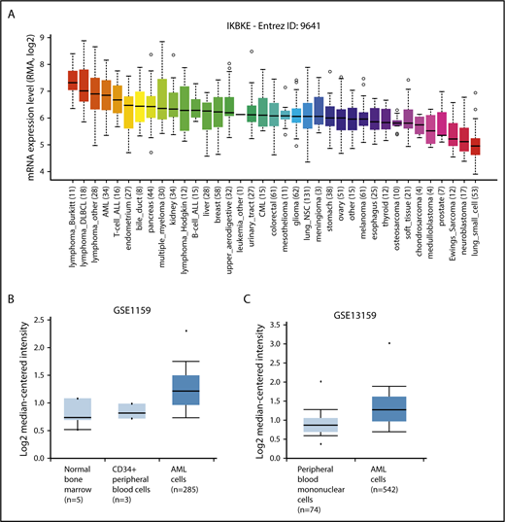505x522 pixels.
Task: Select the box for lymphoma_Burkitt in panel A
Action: coord(72,81)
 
